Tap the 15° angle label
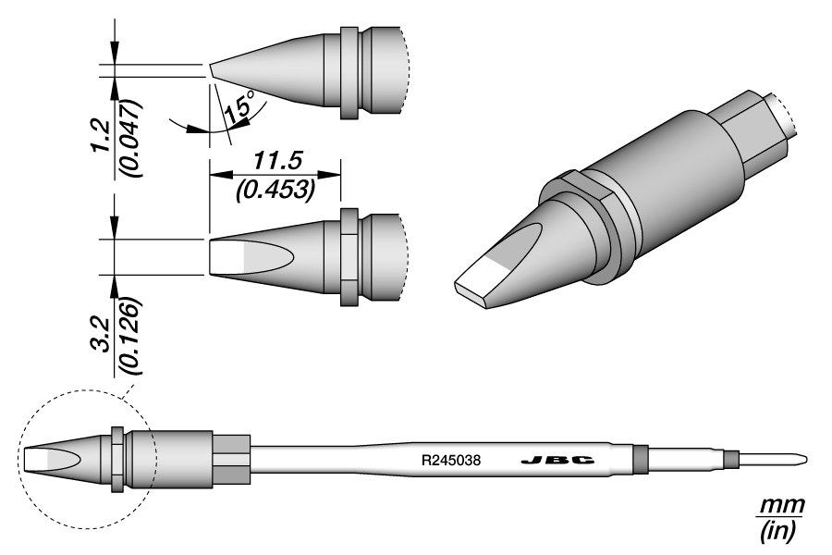coord(238,110)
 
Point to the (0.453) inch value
coord(275,190)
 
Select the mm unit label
coord(781,507)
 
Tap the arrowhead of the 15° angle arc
coord(197,129)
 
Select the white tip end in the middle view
coord(226,256)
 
